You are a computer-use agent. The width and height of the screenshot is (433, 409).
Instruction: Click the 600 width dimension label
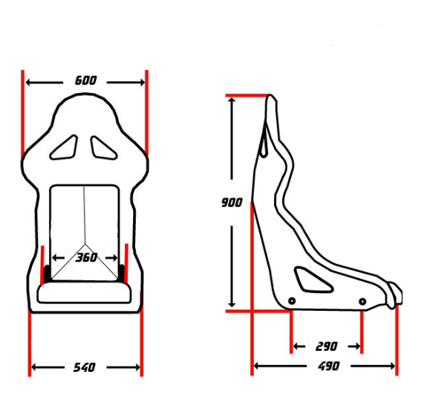click(x=85, y=80)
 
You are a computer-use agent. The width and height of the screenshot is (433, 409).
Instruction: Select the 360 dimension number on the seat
click(x=86, y=258)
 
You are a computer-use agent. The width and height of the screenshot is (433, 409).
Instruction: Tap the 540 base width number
click(x=85, y=367)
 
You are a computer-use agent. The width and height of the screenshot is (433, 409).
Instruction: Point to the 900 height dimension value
click(x=232, y=202)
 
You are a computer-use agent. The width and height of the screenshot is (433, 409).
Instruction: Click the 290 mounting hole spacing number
click(x=326, y=347)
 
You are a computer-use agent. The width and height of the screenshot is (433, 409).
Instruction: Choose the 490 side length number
click(x=328, y=366)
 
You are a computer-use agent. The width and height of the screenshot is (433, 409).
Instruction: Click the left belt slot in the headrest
click(x=65, y=146)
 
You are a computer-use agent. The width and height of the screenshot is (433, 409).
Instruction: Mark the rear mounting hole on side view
click(x=292, y=300)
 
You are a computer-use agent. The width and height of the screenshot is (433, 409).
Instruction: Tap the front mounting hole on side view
click(x=362, y=301)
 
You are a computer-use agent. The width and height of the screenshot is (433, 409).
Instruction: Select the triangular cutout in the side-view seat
click(x=306, y=278)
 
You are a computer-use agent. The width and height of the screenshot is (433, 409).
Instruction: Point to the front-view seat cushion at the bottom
click(x=85, y=293)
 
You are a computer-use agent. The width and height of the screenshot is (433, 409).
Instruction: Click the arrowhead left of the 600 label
click(x=30, y=81)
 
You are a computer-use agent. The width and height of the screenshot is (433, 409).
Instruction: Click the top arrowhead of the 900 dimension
click(x=232, y=101)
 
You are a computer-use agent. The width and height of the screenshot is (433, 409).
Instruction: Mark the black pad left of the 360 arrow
click(x=49, y=273)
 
